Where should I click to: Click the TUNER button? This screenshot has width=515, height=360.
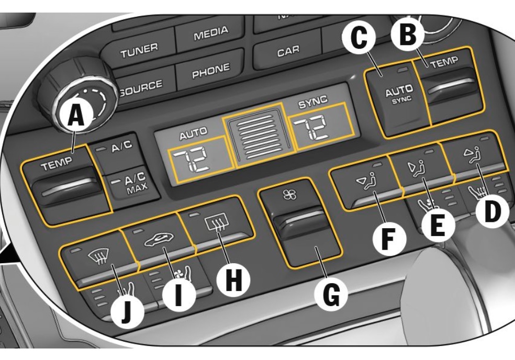click(x=139, y=49)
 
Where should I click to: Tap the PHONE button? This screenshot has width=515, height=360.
click(x=210, y=70)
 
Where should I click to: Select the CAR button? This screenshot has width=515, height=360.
click(x=288, y=51)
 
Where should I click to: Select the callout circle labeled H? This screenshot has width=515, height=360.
click(x=233, y=279)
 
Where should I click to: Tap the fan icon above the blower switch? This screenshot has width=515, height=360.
click(x=290, y=195)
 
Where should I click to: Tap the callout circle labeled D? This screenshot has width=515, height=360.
click(x=491, y=212)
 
